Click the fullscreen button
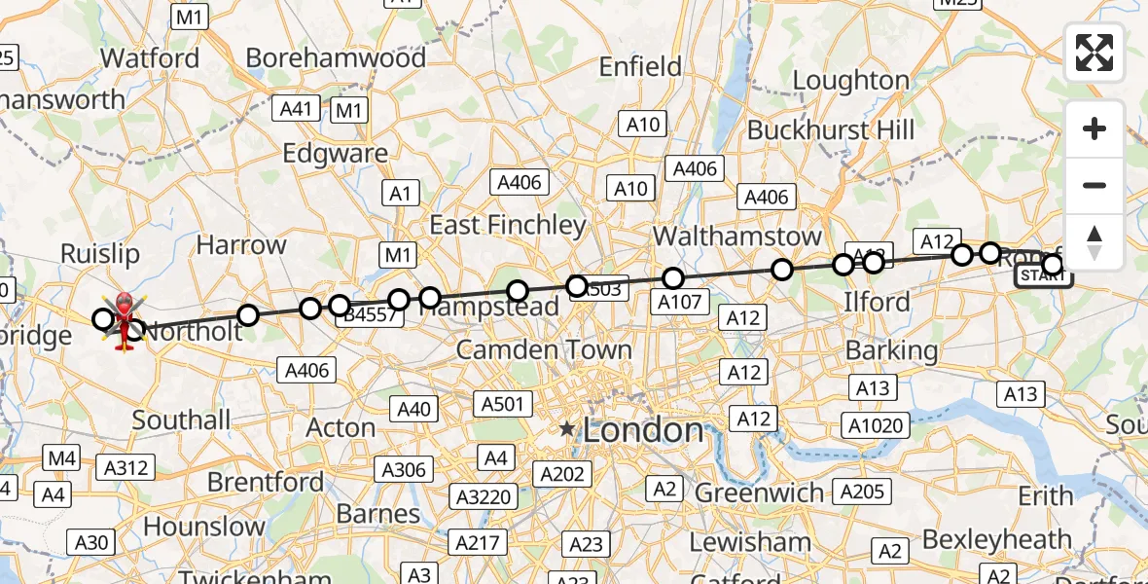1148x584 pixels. point(1094,53)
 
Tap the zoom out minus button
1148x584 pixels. point(1094,186)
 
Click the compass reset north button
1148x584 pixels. point(1094,242)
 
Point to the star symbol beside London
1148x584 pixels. point(567,429)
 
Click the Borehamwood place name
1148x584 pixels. point(336,58)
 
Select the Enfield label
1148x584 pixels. point(640,66)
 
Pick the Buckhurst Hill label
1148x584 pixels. point(831,129)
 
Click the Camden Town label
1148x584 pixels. point(544,349)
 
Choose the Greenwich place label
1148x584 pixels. point(760,493)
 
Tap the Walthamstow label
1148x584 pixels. point(737,237)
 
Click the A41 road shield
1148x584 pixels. point(297,108)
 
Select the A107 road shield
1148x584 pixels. point(679,302)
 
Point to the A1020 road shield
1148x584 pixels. point(877,425)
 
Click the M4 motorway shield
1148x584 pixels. point(62,457)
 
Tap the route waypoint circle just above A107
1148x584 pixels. point(673,278)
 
